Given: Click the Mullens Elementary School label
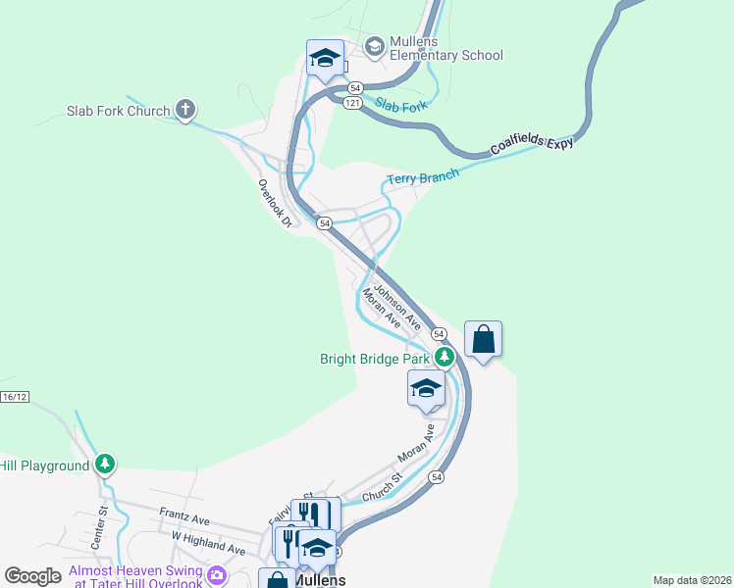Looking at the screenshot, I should (x=446, y=47).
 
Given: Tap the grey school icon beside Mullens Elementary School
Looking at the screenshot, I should (x=374, y=46).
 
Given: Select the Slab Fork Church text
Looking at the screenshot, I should (x=119, y=111).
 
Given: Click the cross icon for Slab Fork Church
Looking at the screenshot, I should (x=185, y=110).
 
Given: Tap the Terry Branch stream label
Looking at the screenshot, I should (x=423, y=177).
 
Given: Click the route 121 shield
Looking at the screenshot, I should (x=352, y=103).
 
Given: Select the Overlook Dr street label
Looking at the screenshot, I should (x=276, y=203).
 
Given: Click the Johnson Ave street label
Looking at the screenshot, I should (x=397, y=305).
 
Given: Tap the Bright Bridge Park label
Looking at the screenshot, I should (x=376, y=359).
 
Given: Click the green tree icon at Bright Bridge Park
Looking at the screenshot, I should (x=445, y=357).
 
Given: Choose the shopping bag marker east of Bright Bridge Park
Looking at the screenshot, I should (x=483, y=339).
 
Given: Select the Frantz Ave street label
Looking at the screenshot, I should (x=184, y=516).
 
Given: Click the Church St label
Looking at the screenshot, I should (x=383, y=490).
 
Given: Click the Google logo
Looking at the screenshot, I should (x=32, y=576).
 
